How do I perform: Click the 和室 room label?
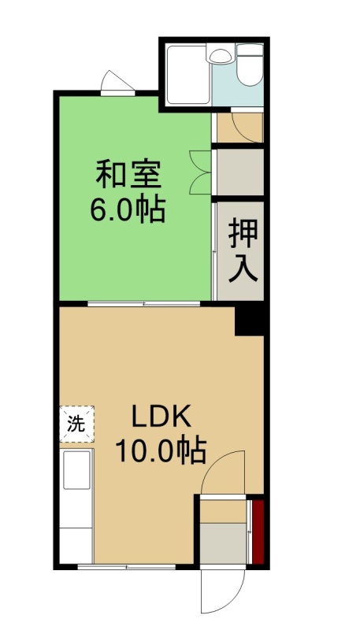point(128,174)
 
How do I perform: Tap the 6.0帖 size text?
point(128,209)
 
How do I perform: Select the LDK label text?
point(161,419)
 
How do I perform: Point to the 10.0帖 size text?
point(161,450)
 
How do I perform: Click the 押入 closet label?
point(243,251)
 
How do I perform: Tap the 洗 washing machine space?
point(76,424)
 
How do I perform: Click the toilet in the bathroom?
point(250,65)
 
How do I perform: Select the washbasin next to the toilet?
point(221,55)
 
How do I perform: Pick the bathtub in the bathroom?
point(188,75)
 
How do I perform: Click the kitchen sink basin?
point(76,469)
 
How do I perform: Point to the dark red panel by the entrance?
point(258,532)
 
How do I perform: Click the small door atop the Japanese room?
point(117,84)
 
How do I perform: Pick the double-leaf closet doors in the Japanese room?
point(200,172)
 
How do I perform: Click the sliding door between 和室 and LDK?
point(144,304)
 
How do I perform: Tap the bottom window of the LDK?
point(127,567)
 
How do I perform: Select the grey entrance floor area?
point(224,543)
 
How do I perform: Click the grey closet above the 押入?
point(240,172)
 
